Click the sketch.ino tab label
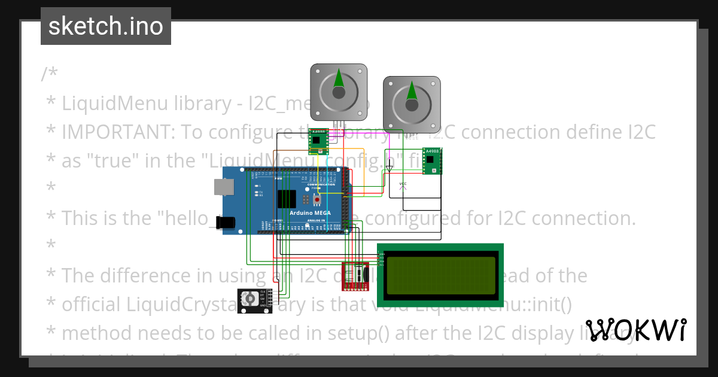point(105,26)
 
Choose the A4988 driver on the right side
point(432,161)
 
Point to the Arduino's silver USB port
point(224,187)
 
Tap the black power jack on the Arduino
point(226,223)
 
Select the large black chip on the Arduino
point(287,198)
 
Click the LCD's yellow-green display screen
point(441,275)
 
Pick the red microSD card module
point(356,276)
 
